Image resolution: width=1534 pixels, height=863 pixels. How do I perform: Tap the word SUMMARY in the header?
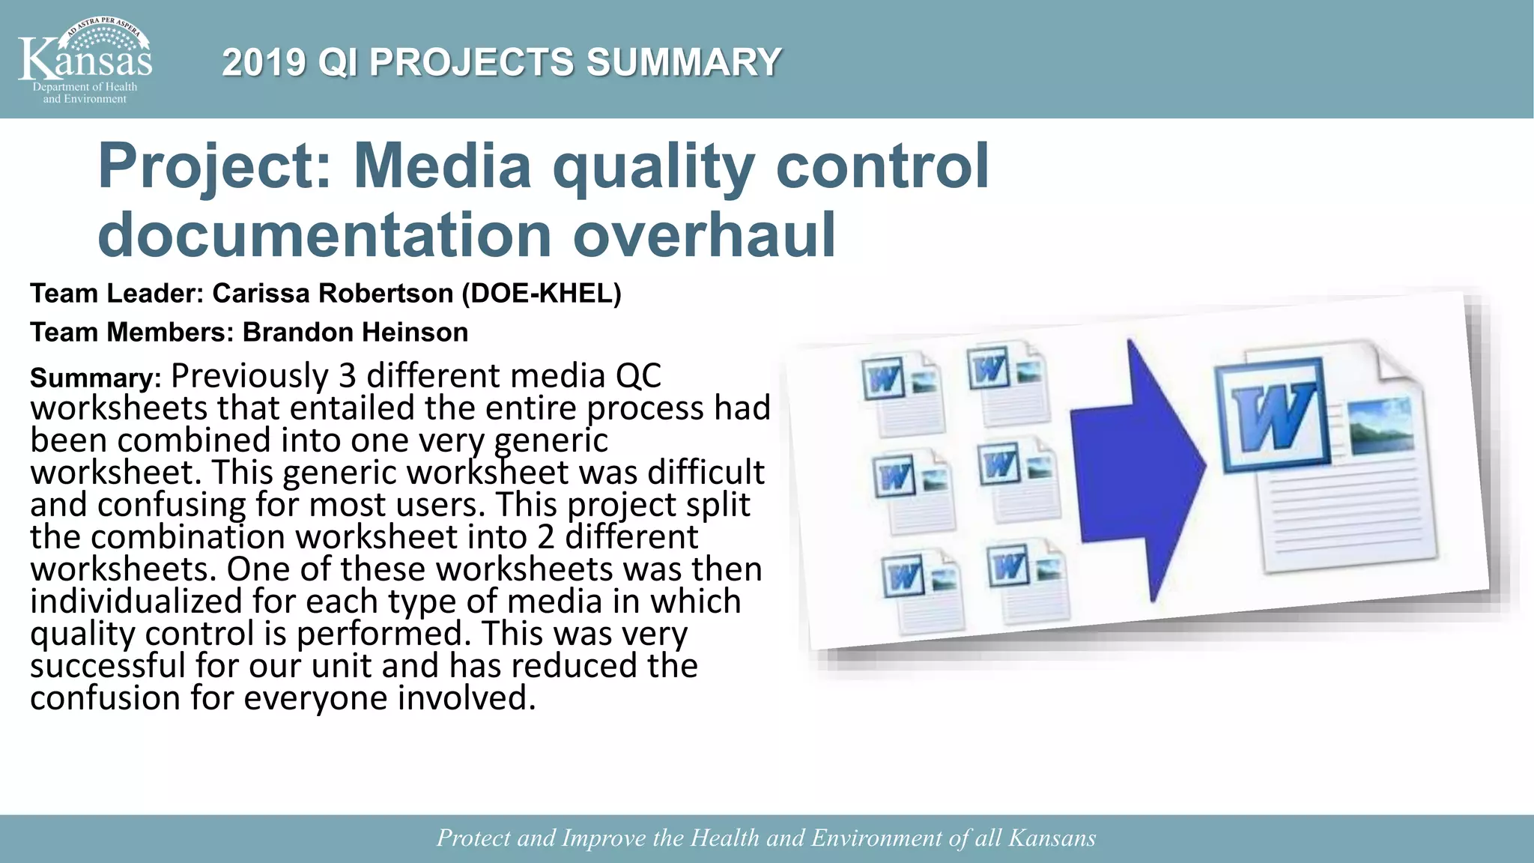point(683,62)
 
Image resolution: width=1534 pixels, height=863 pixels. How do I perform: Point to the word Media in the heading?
point(442,166)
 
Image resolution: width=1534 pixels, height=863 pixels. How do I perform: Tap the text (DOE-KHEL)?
point(541,294)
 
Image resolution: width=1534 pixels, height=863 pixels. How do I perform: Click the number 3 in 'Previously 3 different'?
point(347,375)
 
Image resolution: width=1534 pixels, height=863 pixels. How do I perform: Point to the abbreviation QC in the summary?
point(638,375)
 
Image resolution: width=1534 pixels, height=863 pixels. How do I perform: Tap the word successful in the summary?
point(107,666)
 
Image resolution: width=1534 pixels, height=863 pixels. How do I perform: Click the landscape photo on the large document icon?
point(1380,426)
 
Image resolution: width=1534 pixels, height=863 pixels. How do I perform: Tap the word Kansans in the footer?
point(1052,838)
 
